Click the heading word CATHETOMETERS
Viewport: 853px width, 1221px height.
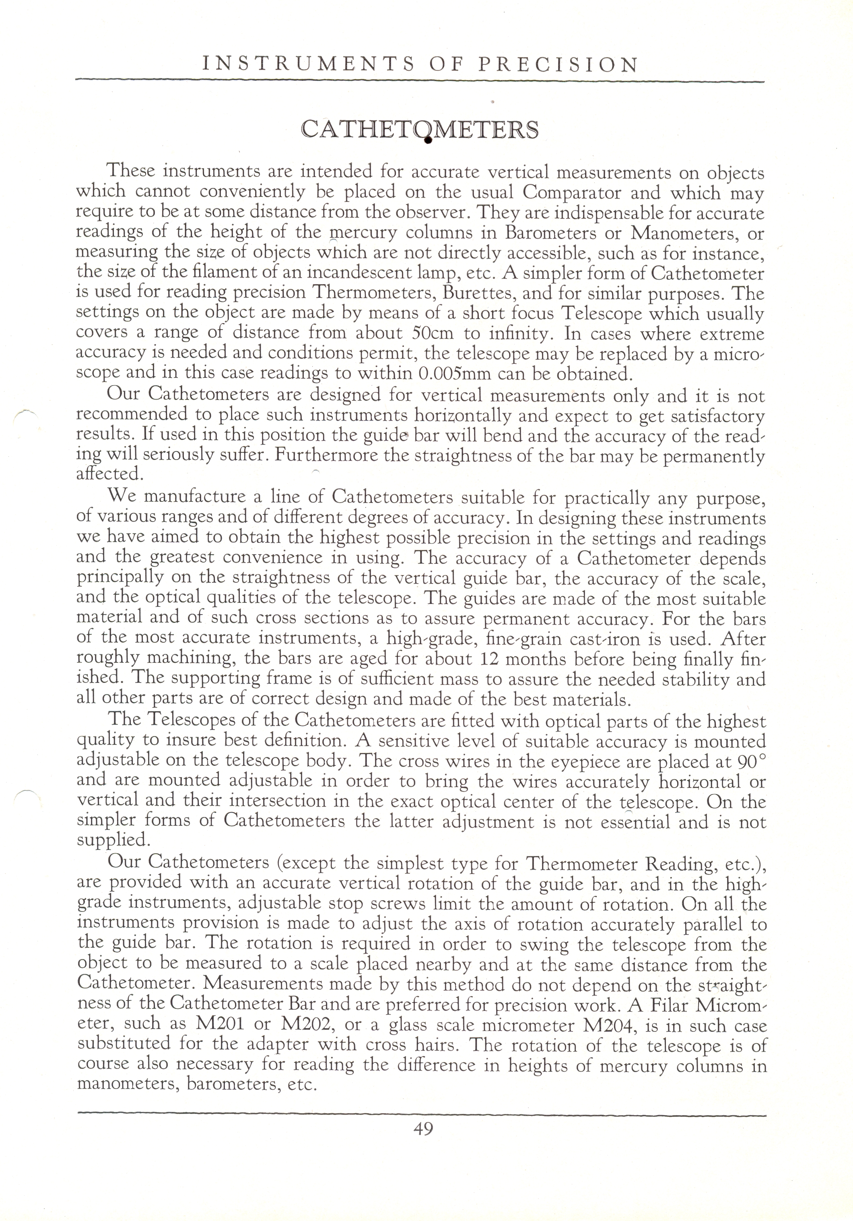420,130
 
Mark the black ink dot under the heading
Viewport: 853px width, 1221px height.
427,141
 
